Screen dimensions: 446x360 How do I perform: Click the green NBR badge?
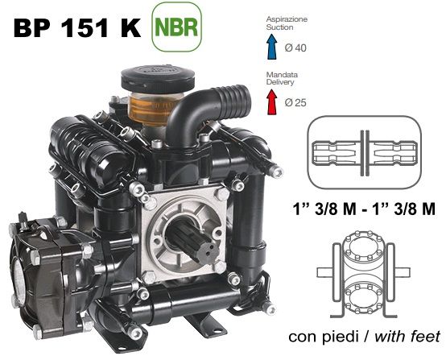[176, 27]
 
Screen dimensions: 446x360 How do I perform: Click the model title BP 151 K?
[77, 28]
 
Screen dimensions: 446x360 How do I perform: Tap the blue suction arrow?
[272, 47]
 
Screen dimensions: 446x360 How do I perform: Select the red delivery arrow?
[272, 102]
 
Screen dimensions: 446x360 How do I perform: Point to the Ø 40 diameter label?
[295, 48]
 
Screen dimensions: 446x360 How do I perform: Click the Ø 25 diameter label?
[295, 103]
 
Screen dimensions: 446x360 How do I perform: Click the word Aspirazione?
[287, 19]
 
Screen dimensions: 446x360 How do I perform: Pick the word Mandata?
[282, 75]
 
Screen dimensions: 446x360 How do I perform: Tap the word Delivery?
[280, 82]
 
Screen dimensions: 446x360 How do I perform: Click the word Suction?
[279, 27]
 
